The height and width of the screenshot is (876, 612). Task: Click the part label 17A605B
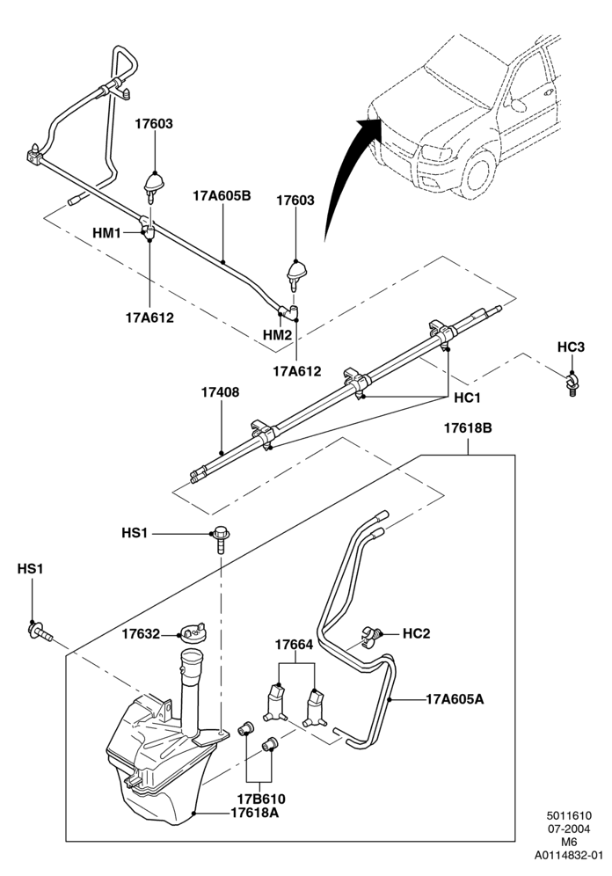222,196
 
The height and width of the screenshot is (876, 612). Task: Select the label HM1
106,232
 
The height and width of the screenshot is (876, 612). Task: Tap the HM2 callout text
278,335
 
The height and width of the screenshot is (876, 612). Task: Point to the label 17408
220,392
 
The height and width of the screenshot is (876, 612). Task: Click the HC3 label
571,347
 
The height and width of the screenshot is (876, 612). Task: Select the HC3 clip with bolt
572,385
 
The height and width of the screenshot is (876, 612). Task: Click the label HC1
468,398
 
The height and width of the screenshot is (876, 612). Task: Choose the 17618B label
468,428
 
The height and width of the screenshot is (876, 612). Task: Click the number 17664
294,645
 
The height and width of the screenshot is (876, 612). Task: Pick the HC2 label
417,633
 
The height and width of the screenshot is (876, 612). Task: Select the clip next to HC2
371,636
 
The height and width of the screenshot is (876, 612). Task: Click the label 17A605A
455,699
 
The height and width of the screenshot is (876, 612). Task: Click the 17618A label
255,813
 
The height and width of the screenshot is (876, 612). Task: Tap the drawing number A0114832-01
569,855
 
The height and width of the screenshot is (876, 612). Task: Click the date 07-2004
569,829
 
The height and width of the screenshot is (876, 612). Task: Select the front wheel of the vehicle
476,172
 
